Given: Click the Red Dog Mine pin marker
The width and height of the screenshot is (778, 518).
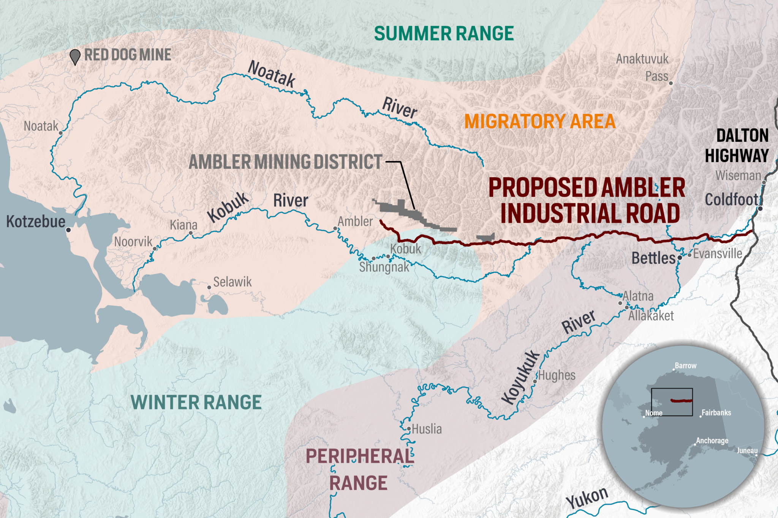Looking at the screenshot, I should [75, 57].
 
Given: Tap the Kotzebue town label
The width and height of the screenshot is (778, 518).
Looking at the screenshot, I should [36, 222].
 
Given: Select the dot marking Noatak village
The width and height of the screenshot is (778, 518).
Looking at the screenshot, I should [61, 133].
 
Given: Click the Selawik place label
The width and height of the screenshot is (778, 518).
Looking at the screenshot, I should [232, 282].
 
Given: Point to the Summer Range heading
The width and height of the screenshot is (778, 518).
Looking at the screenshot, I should [444, 33].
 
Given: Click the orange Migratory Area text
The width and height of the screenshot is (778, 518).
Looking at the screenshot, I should [539, 121].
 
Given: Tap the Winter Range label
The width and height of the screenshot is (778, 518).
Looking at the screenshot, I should [196, 403].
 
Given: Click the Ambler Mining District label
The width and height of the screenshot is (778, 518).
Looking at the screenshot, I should [285, 162].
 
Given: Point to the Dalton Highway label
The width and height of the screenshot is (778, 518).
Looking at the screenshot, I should [737, 146].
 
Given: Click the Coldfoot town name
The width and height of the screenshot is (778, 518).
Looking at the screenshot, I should [731, 200].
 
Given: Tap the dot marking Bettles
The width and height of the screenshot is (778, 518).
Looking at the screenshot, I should [680, 258].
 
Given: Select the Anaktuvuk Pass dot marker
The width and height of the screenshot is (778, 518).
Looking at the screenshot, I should [671, 83].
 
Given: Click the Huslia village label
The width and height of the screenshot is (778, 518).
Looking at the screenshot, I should [427, 429].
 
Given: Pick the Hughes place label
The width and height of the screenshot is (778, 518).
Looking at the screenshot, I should [557, 375].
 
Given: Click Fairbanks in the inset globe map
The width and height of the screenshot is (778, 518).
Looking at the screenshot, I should [716, 413].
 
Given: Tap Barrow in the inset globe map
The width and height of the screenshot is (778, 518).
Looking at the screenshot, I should [685, 365].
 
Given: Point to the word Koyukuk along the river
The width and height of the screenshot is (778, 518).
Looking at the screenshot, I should [520, 378].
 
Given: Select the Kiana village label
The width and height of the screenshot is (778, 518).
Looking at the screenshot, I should [183, 225].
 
